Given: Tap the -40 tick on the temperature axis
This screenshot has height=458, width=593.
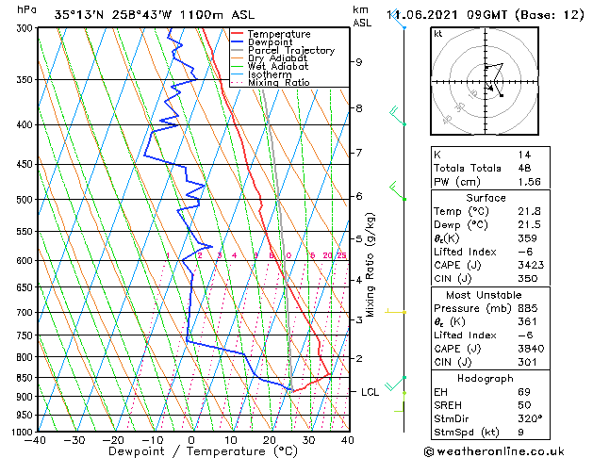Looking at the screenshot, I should point(36,439).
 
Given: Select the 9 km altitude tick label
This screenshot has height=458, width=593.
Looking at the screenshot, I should point(359,62).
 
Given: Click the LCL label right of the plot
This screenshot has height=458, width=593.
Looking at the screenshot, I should point(372,391).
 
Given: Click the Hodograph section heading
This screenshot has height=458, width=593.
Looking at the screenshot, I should point(486,378).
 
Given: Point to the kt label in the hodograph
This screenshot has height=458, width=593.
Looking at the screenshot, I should point(438,33).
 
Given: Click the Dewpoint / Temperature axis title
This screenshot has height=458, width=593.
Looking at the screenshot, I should point(191,452).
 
